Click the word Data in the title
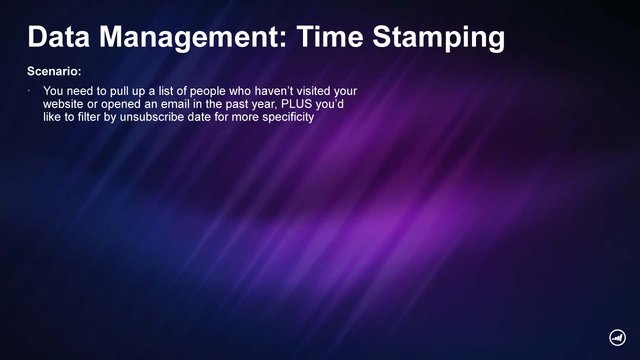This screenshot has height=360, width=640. click(58, 37)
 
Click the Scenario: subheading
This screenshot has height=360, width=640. click(54, 71)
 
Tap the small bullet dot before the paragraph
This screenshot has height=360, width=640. click(29, 91)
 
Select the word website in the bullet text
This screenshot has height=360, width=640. click(63, 103)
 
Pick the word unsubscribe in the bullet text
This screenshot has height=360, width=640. click(151, 117)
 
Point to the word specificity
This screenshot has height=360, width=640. click(288, 117)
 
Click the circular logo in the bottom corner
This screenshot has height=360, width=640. click(617, 337)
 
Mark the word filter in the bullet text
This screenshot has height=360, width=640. click(89, 117)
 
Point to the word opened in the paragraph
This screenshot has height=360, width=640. click(121, 104)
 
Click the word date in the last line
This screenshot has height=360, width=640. click(199, 117)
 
